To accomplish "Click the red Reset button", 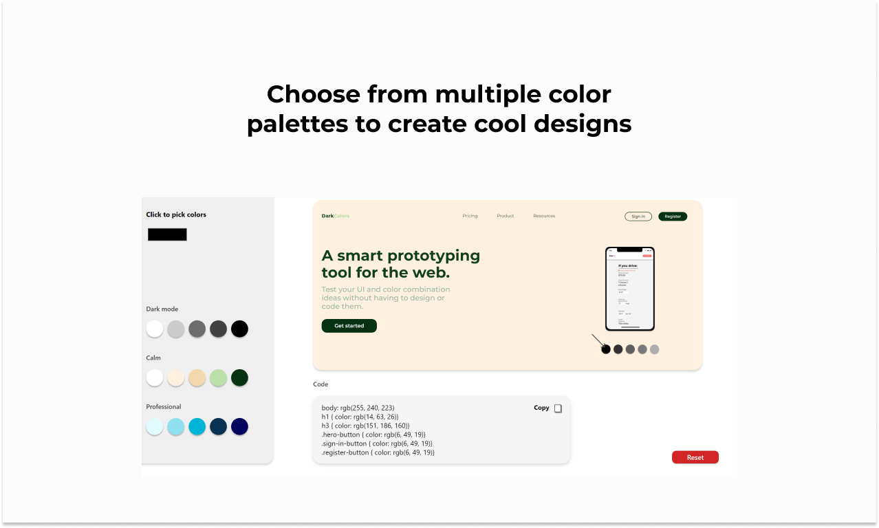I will pos(695,457).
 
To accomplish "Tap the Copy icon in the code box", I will pos(558,408).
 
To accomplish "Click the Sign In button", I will pos(638,217).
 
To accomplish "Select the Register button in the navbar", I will pos(672,217).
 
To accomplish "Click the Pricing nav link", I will pos(470,216).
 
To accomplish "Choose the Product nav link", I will pos(506,216).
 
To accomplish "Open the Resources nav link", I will pos(544,216).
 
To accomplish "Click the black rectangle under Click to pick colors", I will pos(167,234).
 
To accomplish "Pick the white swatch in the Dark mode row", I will pos(155,329).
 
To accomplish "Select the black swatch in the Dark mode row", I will pos(239,329).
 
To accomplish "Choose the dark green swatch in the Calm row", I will pos(239,377).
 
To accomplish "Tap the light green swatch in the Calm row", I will pos(218,377).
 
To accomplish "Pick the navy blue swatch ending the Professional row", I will pos(239,426).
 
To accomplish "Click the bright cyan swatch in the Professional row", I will pos(197,426).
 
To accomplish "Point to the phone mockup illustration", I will pos(629,289).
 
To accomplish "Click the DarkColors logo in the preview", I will pos(335,216).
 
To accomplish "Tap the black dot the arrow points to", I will pos(606,349).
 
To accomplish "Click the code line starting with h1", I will pos(360,417).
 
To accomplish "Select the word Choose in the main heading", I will pos(313,93).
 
